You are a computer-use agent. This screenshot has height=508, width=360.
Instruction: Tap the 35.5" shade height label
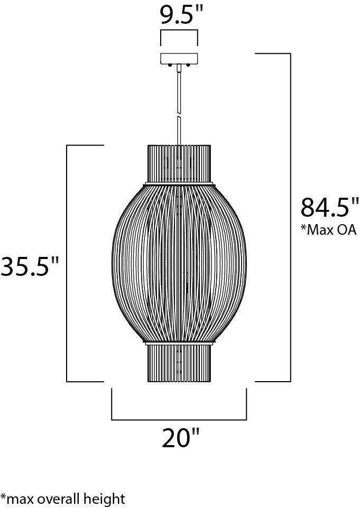coord(30,266)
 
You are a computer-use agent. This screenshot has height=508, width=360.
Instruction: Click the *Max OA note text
coord(329,230)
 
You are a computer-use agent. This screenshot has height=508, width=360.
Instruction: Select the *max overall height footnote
coord(62,499)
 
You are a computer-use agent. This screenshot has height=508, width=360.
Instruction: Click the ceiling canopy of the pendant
coord(179,58)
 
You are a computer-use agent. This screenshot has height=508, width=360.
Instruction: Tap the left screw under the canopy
coord(170,66)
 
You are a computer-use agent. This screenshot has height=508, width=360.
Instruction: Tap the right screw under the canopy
coord(188,66)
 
